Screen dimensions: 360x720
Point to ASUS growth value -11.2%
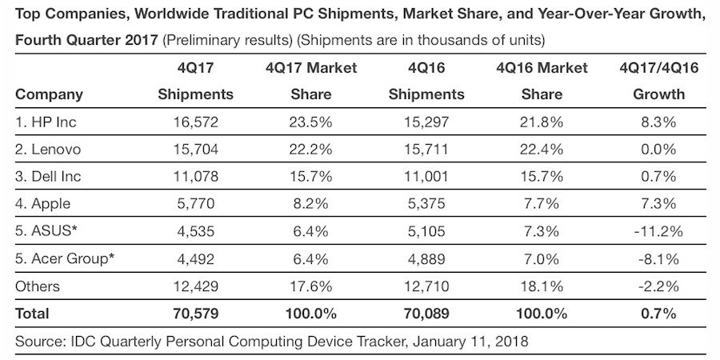[x=659, y=231]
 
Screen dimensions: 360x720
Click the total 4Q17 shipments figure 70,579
[x=195, y=313]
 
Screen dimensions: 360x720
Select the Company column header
[x=49, y=94]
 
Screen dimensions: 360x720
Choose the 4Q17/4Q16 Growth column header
[x=659, y=81]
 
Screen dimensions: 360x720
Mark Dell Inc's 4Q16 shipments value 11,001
[x=426, y=176]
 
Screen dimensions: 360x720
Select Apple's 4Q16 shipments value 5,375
[x=426, y=203]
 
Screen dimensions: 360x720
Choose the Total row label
[x=32, y=313]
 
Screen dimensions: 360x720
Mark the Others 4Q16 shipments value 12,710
[x=426, y=286]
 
